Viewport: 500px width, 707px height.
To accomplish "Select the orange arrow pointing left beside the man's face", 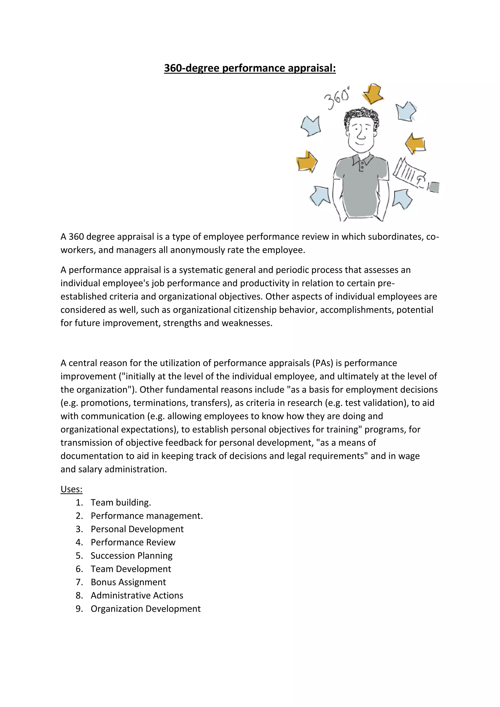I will [415, 144].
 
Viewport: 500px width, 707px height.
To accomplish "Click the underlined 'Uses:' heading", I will [72, 489].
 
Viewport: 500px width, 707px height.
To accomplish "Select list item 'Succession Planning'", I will [131, 555].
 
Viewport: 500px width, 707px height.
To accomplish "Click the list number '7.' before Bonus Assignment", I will [79, 582].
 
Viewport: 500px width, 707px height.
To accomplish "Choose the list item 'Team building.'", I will [121, 502].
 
